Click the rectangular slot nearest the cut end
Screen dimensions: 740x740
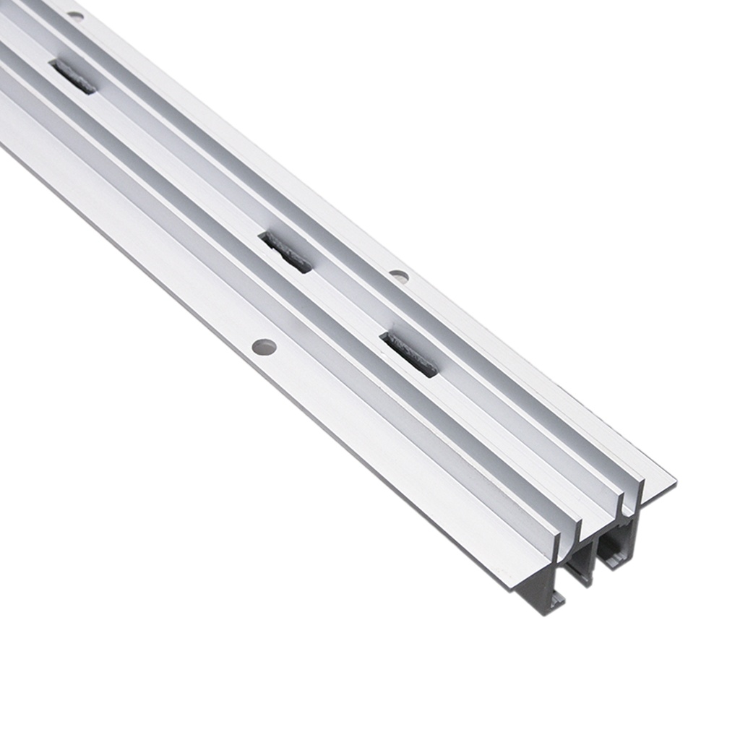pyautogui.click(x=410, y=354)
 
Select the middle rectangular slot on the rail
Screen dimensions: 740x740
pyautogui.click(x=287, y=251)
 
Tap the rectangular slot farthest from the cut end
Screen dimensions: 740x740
pyautogui.click(x=73, y=77)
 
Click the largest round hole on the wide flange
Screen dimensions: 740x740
pyautogui.click(x=264, y=347)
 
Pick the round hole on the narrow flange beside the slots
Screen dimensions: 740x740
pyautogui.click(x=399, y=275)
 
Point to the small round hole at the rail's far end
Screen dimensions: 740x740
pyautogui.click(x=75, y=15)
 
